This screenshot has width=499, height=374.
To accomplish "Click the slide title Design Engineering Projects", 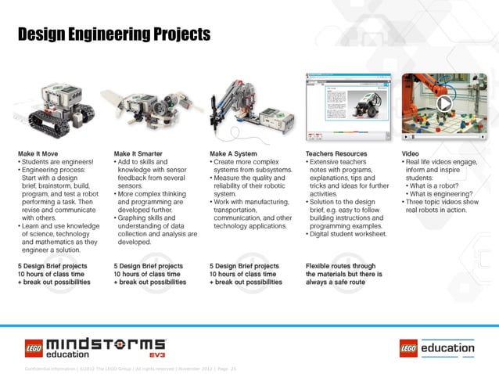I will click(x=113, y=34).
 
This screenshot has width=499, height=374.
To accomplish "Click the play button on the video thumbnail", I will click(x=444, y=103).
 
